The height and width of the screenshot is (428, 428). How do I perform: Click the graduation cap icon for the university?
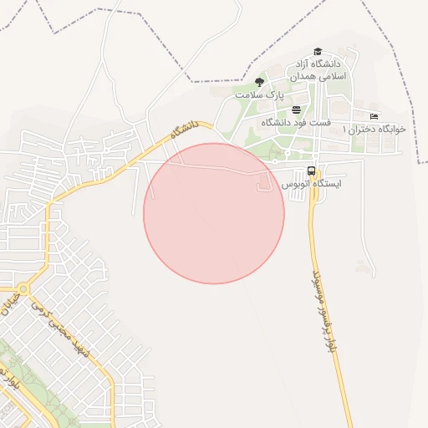(317, 52)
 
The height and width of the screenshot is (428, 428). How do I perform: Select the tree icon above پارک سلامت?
(259, 82)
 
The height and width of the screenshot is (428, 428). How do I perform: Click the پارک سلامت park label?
(256, 95)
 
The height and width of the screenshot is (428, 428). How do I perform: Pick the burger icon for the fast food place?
(296, 110)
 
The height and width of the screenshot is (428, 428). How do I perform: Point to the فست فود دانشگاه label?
(296, 123)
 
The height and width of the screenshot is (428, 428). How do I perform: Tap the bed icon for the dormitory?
(374, 115)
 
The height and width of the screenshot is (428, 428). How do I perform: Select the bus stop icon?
(311, 171)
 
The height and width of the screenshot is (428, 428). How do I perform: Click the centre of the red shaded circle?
(214, 213)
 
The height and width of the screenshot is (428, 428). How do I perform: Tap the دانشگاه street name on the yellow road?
(184, 130)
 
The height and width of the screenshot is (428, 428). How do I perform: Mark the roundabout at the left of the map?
(23, 291)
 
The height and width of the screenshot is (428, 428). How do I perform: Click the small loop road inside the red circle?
(262, 184)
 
